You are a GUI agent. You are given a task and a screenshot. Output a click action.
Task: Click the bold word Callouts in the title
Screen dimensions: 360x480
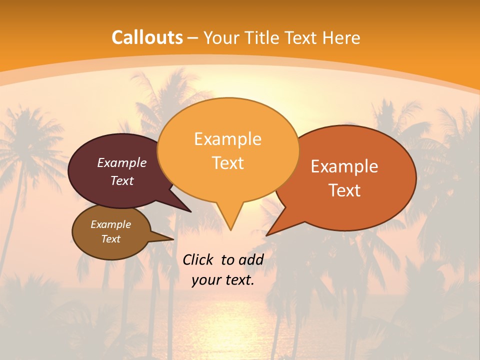point(147,37)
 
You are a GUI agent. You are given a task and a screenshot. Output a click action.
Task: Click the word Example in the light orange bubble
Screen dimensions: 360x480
point(227,139)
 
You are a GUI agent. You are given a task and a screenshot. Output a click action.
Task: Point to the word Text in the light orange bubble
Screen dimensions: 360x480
point(227,163)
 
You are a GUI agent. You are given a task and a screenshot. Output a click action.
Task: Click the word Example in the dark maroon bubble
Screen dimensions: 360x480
point(122,162)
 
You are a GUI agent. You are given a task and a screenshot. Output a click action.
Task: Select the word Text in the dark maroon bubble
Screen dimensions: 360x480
point(122,180)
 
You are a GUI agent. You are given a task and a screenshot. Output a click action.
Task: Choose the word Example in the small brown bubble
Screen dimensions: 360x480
point(110,224)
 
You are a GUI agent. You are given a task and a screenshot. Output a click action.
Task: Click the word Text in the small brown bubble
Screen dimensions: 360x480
point(110,239)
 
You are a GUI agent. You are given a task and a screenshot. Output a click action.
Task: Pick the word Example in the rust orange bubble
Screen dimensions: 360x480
point(344,166)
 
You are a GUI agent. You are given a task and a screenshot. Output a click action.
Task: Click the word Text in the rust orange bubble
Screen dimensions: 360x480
point(344,190)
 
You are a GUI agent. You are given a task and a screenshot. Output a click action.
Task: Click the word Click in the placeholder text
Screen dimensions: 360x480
point(198,259)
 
